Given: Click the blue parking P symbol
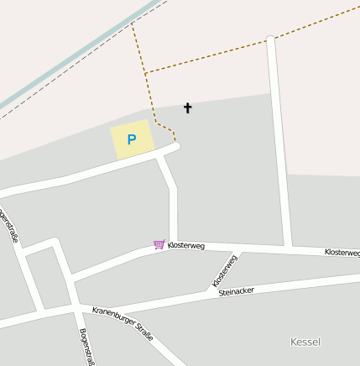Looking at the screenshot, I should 131,139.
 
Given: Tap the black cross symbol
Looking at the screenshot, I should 187,107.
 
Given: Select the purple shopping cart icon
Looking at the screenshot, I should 159,244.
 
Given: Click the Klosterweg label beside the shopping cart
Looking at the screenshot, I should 186,245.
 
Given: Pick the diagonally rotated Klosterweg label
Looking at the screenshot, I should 225,269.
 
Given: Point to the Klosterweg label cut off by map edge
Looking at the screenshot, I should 342,252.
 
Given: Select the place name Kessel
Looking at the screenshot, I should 305,342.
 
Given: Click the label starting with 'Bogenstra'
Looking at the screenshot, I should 86,347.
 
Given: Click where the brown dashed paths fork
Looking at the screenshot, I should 145,74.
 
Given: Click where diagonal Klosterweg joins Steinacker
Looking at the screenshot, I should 210,290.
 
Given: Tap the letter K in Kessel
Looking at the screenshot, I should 293,342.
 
